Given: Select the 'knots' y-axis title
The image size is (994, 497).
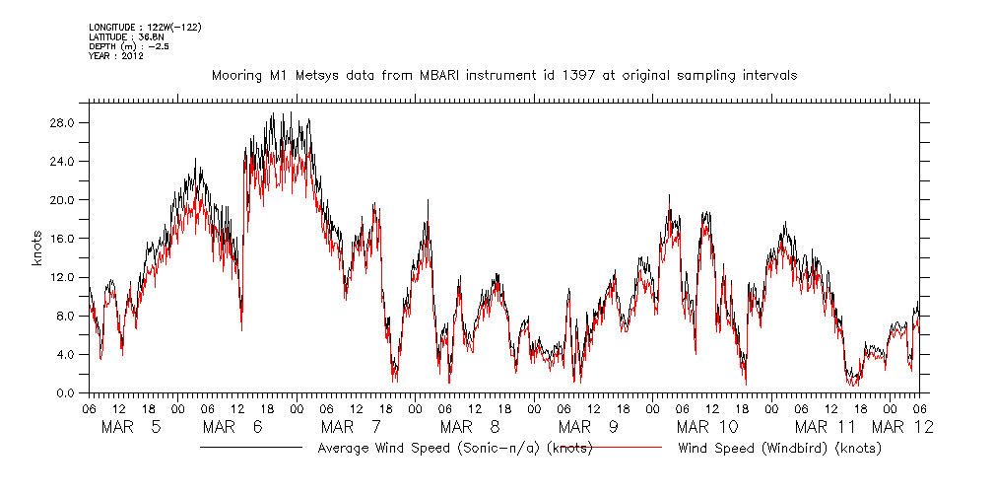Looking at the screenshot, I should click(x=38, y=258).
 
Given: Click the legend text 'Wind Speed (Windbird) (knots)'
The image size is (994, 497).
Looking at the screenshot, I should click(x=779, y=449).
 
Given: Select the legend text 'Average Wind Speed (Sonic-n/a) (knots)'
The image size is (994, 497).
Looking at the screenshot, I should click(x=455, y=449).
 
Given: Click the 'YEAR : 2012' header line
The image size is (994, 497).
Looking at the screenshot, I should click(x=116, y=56).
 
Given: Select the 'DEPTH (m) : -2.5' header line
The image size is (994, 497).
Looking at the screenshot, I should click(x=128, y=46).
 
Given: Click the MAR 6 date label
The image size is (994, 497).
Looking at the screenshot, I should click(x=232, y=427).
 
